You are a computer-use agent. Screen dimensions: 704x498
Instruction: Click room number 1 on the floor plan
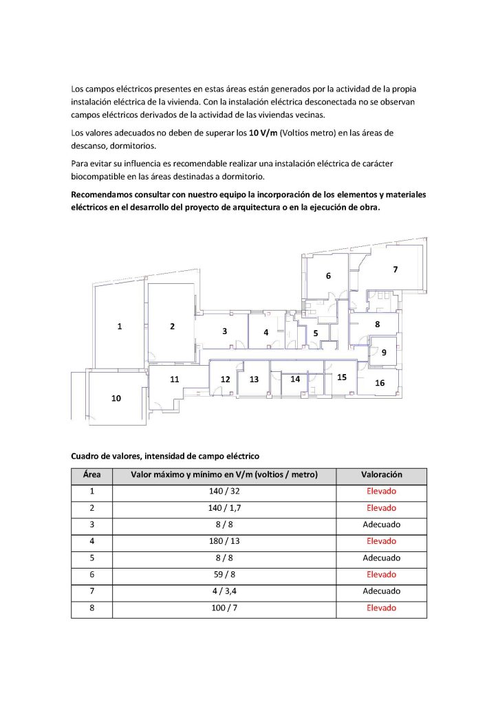coord(120,327)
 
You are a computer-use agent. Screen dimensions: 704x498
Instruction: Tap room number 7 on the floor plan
coord(395,269)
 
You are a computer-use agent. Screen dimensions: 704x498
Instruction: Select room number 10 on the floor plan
coord(116,398)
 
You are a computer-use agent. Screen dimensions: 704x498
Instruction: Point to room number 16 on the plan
coord(380,383)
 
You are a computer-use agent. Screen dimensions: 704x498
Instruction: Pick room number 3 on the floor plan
coord(224,331)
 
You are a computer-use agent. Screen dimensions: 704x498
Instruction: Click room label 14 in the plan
coord(295,379)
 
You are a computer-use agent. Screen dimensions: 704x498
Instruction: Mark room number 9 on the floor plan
coord(384,352)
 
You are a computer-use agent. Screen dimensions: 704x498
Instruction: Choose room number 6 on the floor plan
coord(328,276)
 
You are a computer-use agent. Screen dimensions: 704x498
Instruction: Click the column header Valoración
coord(382,475)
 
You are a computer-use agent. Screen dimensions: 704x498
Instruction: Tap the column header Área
coord(92,475)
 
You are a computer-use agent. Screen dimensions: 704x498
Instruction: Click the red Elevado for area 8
coord(382,608)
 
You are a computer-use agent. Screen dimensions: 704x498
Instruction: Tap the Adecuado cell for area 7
coord(382,591)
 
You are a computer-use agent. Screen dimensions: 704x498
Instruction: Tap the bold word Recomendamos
coord(104,195)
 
